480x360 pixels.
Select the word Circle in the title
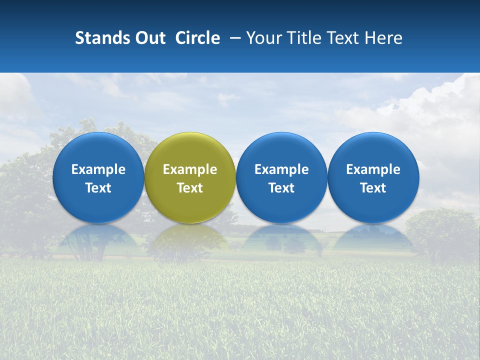pos(197,38)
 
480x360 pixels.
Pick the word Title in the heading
pos(305,38)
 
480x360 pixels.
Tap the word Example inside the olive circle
pos(190,169)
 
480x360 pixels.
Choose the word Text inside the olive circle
pos(190,188)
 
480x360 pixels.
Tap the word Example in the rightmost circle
pos(373,169)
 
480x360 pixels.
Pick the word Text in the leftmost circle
pos(98,188)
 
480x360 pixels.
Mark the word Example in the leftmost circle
pos(98,169)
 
